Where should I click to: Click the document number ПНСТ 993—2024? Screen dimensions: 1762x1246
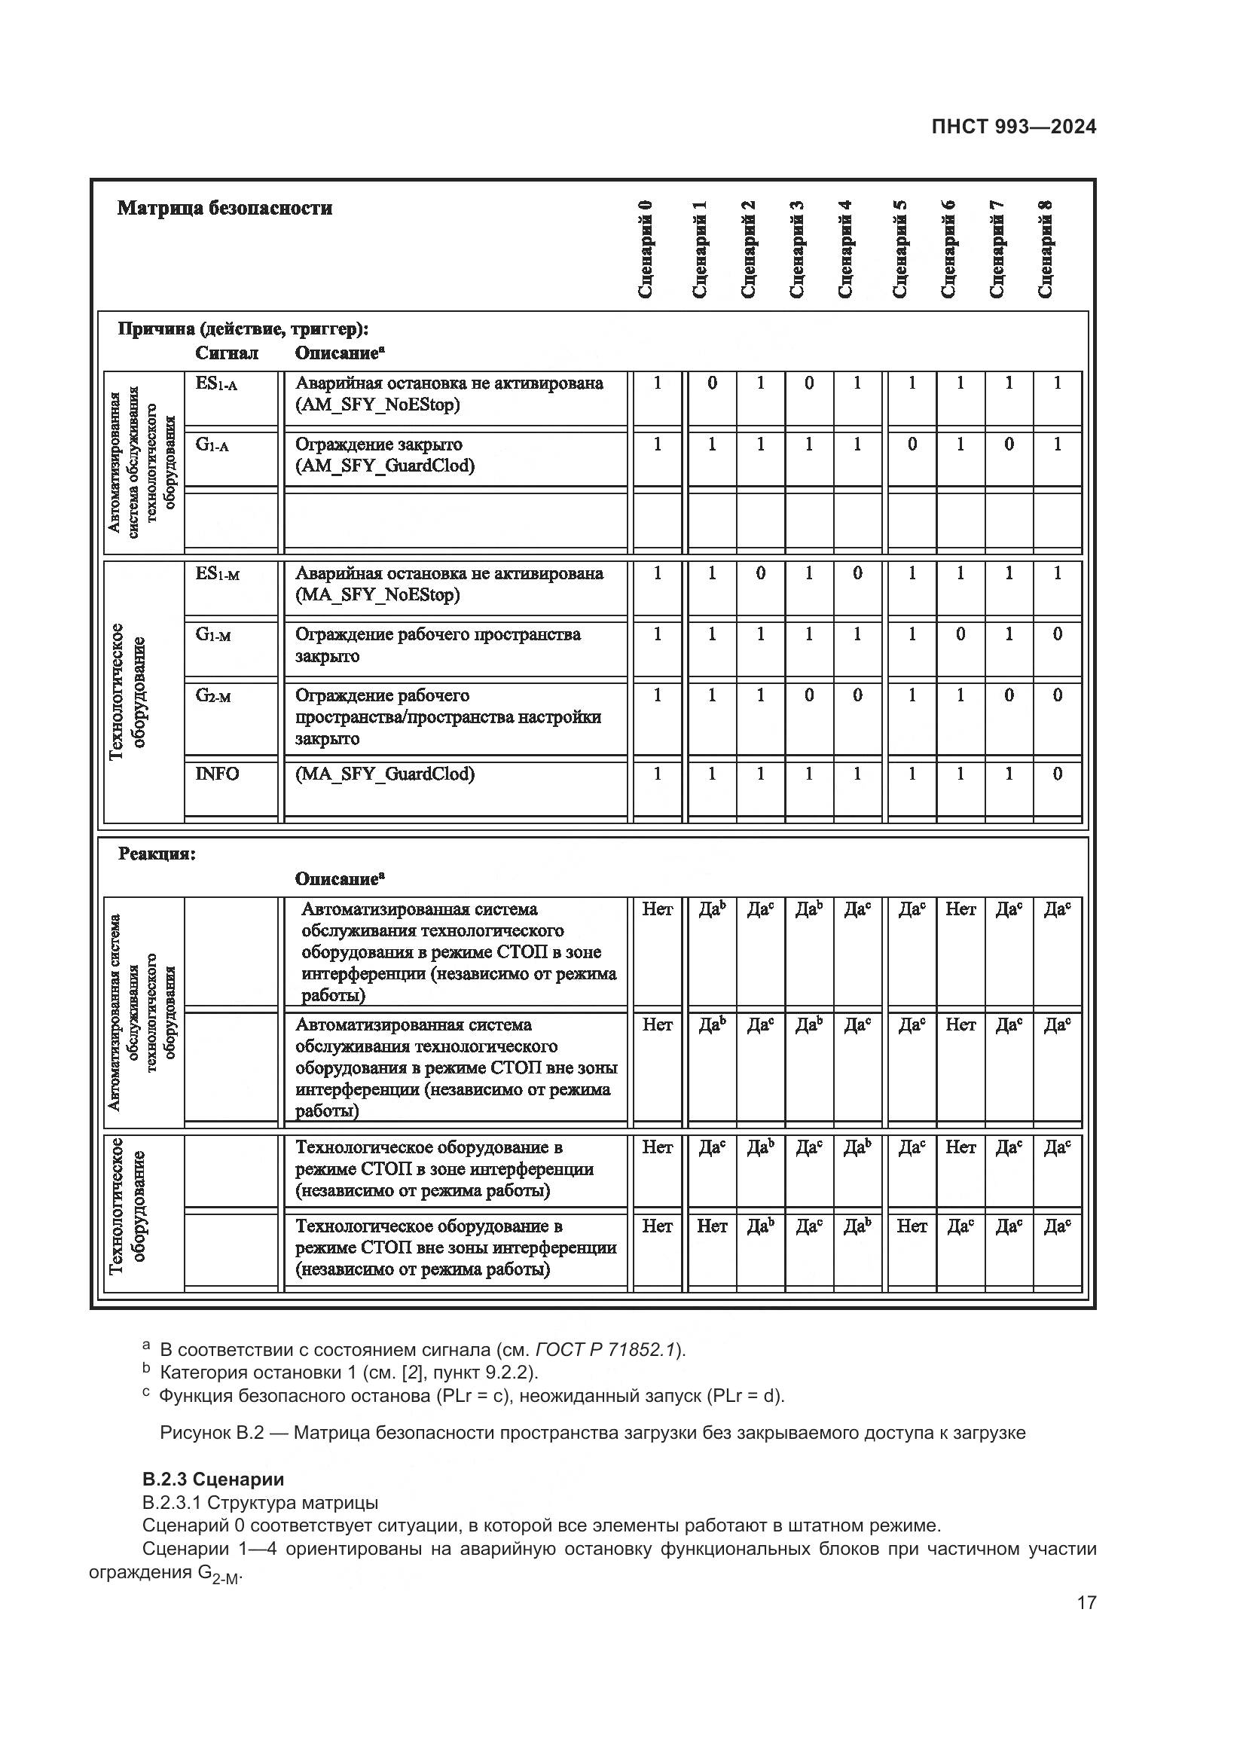pos(1012,127)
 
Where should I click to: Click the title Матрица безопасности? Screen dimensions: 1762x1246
pos(224,209)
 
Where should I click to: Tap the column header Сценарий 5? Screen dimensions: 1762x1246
pos(901,249)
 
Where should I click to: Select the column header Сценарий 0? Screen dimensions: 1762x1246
pos(646,249)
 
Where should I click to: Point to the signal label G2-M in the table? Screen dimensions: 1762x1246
pos(213,696)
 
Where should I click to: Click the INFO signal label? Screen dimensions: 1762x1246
pos(217,774)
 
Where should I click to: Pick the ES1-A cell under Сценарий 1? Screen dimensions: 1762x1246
pos(712,383)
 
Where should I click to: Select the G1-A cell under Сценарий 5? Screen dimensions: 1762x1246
pos(912,444)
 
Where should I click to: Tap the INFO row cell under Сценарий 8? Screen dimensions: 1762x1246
pos(1056,774)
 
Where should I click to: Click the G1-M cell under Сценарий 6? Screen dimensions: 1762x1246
pos(960,634)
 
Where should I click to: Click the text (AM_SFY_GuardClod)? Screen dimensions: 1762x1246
pos(385,466)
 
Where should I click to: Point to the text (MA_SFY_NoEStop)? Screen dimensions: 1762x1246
pos(377,595)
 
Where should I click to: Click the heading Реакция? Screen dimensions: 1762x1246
pos(157,854)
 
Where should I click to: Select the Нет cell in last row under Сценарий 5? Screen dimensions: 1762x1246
pos(912,1226)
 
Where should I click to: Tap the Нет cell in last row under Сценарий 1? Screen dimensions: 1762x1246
pos(712,1226)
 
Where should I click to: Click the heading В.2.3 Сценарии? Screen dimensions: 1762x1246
pos(213,1480)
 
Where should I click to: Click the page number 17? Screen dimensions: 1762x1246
pos(1086,1602)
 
